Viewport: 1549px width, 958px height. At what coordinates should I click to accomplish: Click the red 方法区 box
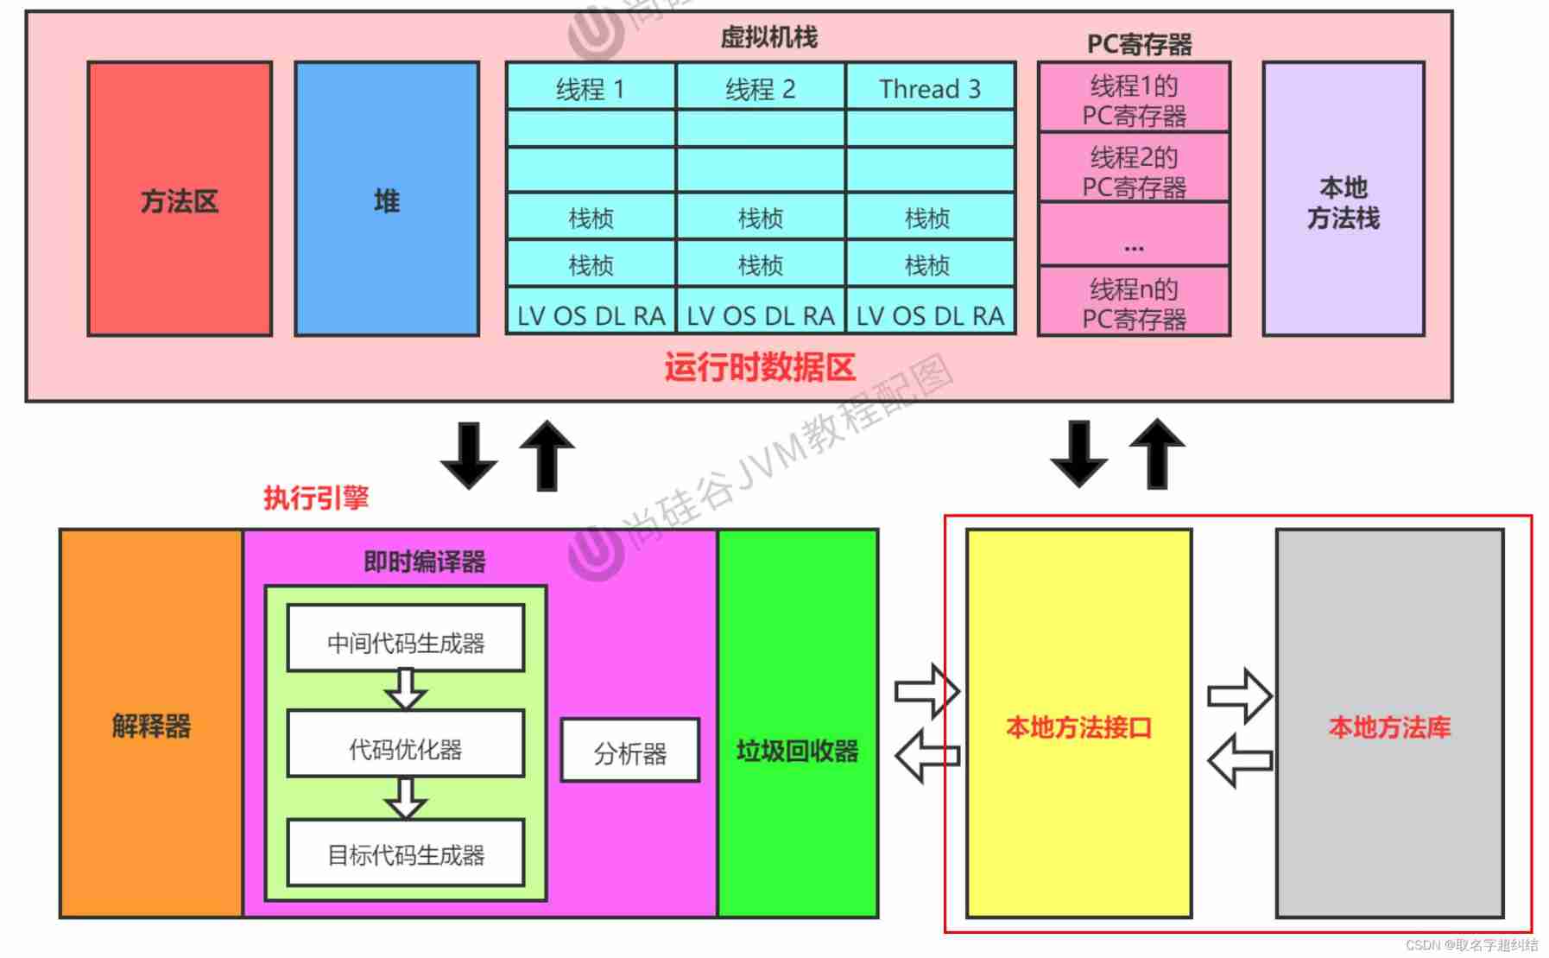pyautogui.click(x=180, y=199)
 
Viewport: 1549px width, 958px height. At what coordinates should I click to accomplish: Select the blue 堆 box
pyautogui.click(x=387, y=199)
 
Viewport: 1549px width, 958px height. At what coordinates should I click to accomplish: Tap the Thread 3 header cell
pyautogui.click(x=930, y=88)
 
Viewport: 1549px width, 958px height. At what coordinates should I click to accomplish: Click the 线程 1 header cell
pyautogui.click(x=591, y=88)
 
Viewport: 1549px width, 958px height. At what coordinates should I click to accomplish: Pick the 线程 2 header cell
pyautogui.click(x=760, y=88)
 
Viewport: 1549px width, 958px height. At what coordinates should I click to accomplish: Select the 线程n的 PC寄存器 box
pyautogui.click(x=1134, y=303)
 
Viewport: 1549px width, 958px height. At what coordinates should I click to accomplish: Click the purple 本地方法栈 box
pyautogui.click(x=1343, y=200)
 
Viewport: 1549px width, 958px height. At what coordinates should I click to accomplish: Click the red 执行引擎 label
pyautogui.click(x=316, y=498)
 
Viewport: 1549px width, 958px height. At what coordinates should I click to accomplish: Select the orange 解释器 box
pyautogui.click(x=151, y=724)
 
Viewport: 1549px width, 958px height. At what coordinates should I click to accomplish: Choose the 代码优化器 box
pyautogui.click(x=406, y=746)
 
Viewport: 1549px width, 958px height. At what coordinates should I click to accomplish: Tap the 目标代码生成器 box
pyautogui.click(x=406, y=854)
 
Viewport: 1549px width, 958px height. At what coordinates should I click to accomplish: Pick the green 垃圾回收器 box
pyautogui.click(x=797, y=749)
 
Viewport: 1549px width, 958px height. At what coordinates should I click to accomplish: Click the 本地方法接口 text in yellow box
pyautogui.click(x=1078, y=727)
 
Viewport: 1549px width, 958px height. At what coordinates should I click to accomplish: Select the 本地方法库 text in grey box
pyautogui.click(x=1389, y=727)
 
